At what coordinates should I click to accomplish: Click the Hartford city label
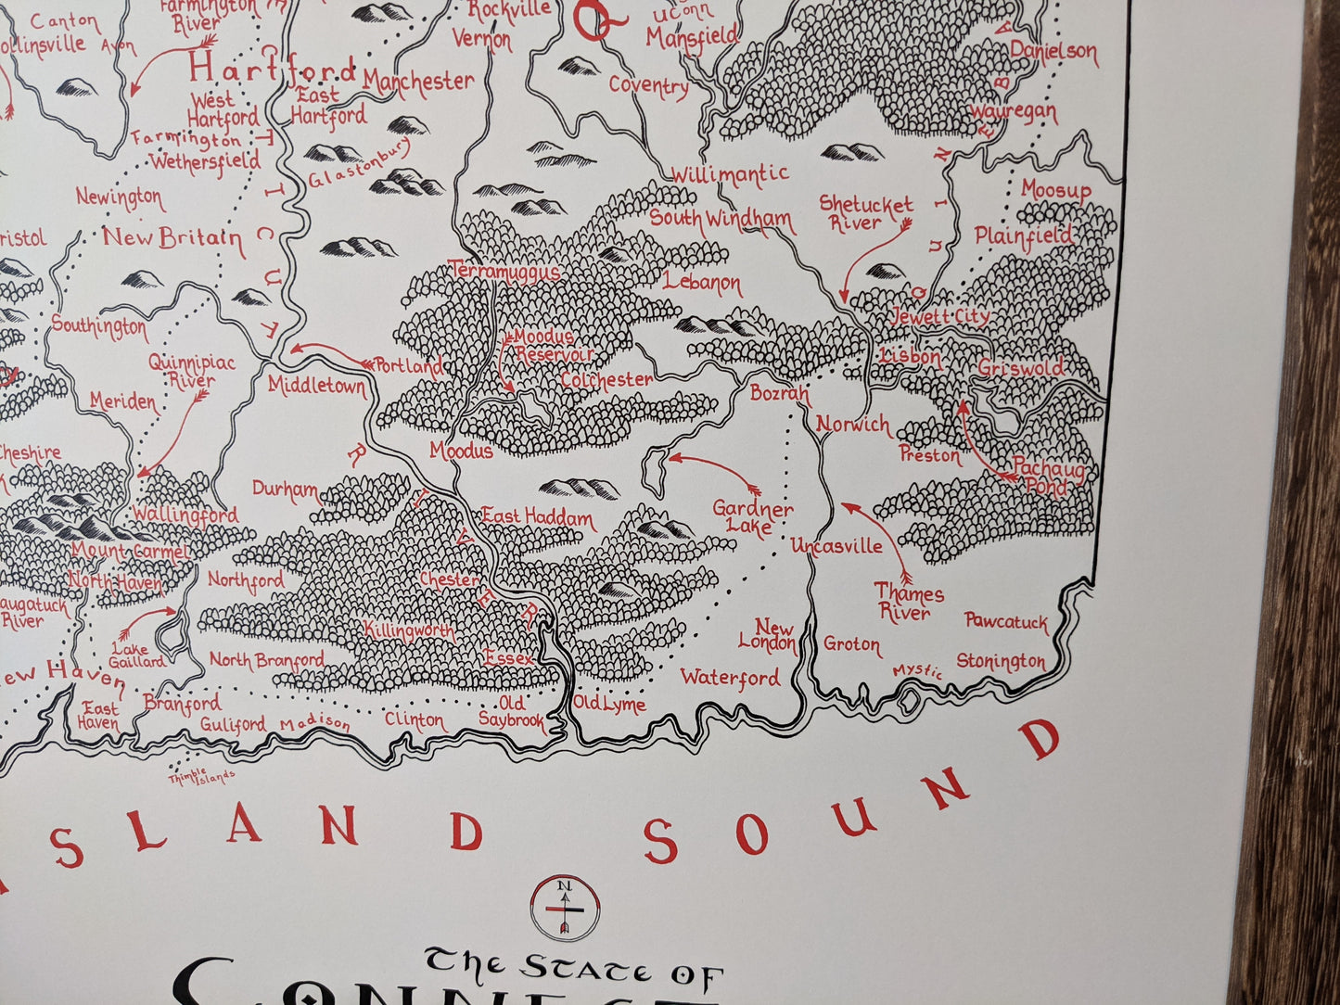pyautogui.click(x=272, y=70)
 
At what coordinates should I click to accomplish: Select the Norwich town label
pyautogui.click(x=852, y=425)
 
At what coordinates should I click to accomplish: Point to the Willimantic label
pyautogui.click(x=729, y=174)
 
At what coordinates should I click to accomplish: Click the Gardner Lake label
pyautogui.click(x=752, y=519)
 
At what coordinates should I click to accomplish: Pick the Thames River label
pyautogui.click(x=908, y=604)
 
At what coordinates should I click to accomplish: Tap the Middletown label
pyautogui.click(x=317, y=386)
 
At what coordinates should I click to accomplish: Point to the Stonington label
pyautogui.click(x=1001, y=661)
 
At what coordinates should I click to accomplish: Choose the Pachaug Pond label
pyautogui.click(x=1048, y=478)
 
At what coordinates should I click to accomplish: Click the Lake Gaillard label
pyautogui.click(x=135, y=655)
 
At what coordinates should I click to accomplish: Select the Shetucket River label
pyautogui.click(x=865, y=213)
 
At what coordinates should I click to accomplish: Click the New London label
pyautogui.click(x=768, y=636)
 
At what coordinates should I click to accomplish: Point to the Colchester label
pyautogui.click(x=606, y=380)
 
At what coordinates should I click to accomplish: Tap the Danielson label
pyautogui.click(x=1053, y=52)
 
